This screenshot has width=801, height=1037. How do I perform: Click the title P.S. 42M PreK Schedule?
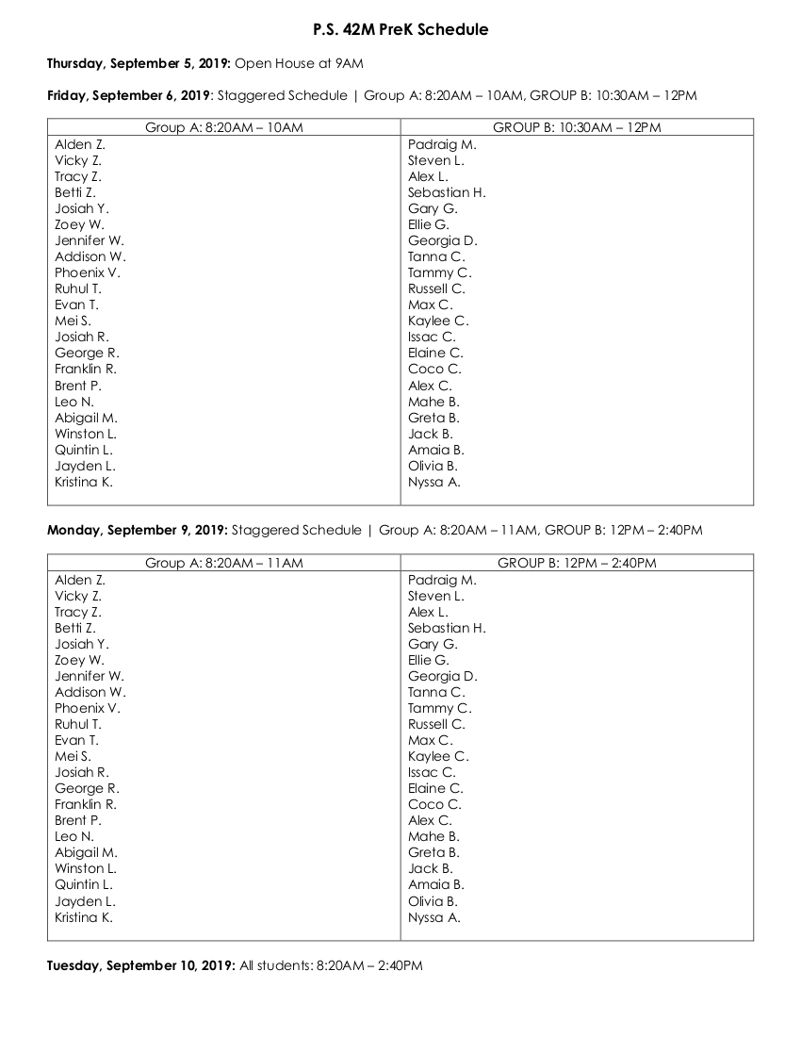tap(400, 30)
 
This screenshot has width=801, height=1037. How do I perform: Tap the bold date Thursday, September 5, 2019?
tap(139, 63)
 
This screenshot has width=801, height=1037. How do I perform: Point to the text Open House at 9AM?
tap(299, 63)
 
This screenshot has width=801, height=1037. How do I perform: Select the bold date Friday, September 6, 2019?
tap(128, 95)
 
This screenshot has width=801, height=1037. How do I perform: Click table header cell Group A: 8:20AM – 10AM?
tap(223, 127)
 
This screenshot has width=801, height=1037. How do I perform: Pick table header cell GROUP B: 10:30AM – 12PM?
tap(577, 127)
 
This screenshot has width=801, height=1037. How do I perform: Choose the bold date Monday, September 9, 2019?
tap(138, 531)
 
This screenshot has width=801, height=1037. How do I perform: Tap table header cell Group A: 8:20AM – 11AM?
tap(223, 563)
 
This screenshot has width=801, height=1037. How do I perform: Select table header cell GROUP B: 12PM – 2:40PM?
tap(577, 563)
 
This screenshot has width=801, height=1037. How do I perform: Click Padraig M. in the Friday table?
tap(442, 145)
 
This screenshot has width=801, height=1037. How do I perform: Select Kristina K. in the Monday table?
tap(84, 917)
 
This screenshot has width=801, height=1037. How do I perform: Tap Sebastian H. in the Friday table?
tap(447, 193)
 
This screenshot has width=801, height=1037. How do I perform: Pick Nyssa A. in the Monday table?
tap(434, 917)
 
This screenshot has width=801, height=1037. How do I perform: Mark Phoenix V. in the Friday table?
tap(88, 273)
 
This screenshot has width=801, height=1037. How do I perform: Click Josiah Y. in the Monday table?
tap(82, 644)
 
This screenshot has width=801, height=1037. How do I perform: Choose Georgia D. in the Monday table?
tap(443, 676)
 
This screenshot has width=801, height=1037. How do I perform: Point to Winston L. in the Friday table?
tap(86, 434)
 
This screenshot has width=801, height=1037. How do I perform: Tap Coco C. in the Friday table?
tap(434, 370)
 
